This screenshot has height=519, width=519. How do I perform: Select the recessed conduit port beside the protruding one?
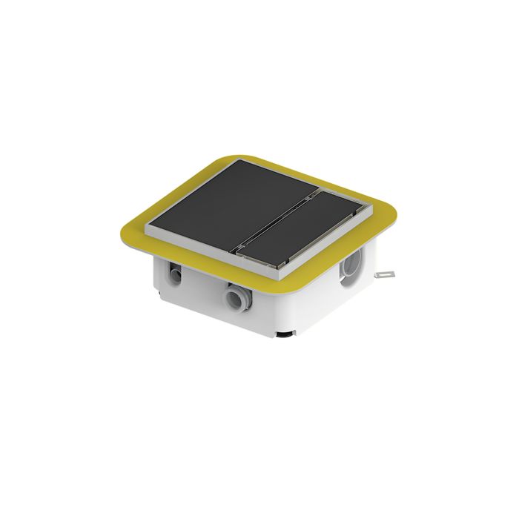175,274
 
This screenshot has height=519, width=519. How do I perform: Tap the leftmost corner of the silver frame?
148,228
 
